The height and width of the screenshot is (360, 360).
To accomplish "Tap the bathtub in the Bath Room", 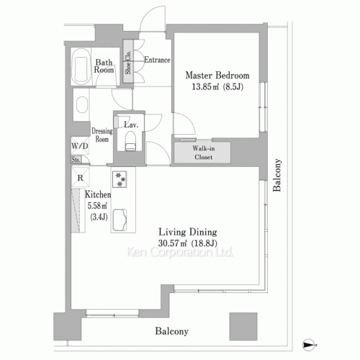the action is pyautogui.click(x=81, y=66).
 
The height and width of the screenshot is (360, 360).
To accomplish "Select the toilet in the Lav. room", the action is pyautogui.click(x=130, y=142).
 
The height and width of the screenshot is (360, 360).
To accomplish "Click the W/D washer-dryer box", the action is pyautogui.click(x=80, y=145).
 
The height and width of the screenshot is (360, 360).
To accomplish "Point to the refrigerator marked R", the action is pyautogui.click(x=81, y=177).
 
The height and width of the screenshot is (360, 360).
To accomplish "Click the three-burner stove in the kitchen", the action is pyautogui.click(x=120, y=179).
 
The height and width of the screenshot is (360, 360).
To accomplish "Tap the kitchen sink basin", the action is pyautogui.click(x=120, y=220).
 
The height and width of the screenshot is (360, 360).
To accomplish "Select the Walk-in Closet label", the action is pyautogui.click(x=204, y=153).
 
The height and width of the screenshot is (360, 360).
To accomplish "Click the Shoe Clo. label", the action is pyautogui.click(x=128, y=62).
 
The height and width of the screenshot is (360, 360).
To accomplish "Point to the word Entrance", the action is pyautogui.click(x=157, y=60).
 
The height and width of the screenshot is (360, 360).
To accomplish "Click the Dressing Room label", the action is pyautogui.click(x=102, y=135).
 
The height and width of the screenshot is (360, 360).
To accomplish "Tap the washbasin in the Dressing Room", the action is pyautogui.click(x=82, y=104).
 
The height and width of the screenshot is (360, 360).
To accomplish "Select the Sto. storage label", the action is pyautogui.click(x=76, y=159).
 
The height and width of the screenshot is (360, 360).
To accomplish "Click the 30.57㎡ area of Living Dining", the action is pyautogui.click(x=172, y=243).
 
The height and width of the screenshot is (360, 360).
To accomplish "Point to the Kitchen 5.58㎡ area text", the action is pyautogui.click(x=97, y=206).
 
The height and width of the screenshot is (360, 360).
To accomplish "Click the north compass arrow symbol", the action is pyautogui.click(x=309, y=345).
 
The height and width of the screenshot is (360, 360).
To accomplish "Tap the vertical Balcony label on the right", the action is pyautogui.click(x=276, y=175).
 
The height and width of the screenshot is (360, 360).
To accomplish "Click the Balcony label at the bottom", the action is pyautogui.click(x=171, y=331).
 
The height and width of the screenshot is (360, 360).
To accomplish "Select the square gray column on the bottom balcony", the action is pyautogui.click(x=243, y=326).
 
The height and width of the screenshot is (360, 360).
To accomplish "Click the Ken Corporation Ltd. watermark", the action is pyautogui.click(x=180, y=252).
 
